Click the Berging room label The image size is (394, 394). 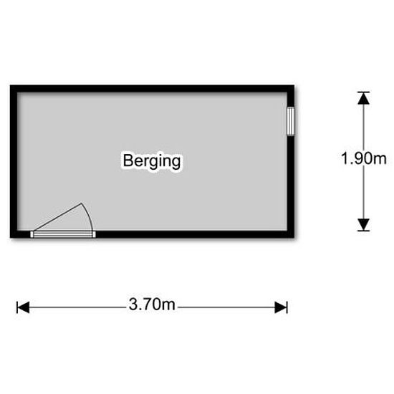pyautogui.click(x=152, y=160)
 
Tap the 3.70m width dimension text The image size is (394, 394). pyautogui.click(x=152, y=304)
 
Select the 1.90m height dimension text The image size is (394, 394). pyautogui.click(x=364, y=158)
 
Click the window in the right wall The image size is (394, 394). pyautogui.click(x=291, y=121)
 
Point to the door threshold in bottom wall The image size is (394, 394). pyautogui.click(x=63, y=234)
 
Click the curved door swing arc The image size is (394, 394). pyautogui.click(x=89, y=216)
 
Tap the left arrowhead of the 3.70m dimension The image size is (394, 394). pyautogui.click(x=23, y=307)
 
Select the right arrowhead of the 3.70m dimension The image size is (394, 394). pyautogui.click(x=281, y=307)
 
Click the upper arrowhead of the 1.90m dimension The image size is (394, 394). pyautogui.click(x=364, y=98)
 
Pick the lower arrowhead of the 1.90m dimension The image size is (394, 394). pyautogui.click(x=364, y=225)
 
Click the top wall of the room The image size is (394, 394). pyautogui.click(x=152, y=89)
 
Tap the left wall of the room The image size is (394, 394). pyautogui.click(x=14, y=161)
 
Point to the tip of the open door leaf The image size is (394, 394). pyautogui.click(x=81, y=203)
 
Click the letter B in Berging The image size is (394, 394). pyautogui.click(x=128, y=160)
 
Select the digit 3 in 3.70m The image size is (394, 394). pyautogui.click(x=133, y=304)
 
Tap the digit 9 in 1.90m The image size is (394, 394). pyautogui.click(x=358, y=158)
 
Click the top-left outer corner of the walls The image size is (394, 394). pyautogui.click(x=10, y=85)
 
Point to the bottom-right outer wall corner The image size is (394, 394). pyautogui.click(x=294, y=238)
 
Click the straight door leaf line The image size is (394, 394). pyautogui.click(x=57, y=217)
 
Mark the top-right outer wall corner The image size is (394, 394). pyautogui.click(x=294, y=85)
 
